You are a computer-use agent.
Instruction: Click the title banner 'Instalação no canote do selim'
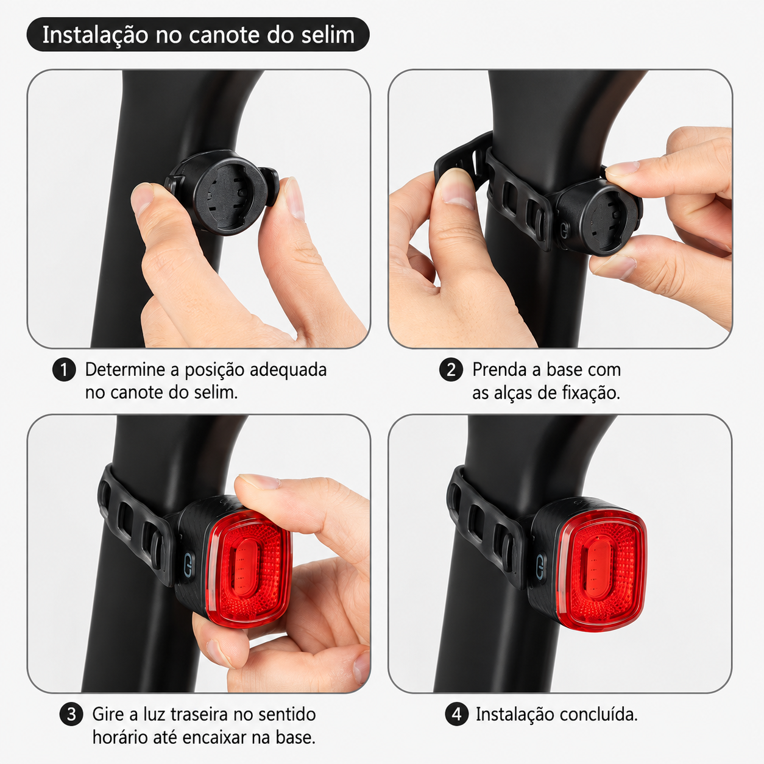(198, 35)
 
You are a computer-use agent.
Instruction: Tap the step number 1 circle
(64, 370)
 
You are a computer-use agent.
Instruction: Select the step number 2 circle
(451, 370)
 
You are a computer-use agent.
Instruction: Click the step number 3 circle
(71, 715)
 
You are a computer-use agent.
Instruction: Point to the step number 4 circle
(457, 715)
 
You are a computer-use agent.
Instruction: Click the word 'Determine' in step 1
(126, 370)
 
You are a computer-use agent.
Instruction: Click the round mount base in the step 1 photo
(224, 193)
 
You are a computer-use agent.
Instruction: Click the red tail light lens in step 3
(249, 568)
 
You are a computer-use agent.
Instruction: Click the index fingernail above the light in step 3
(260, 481)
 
